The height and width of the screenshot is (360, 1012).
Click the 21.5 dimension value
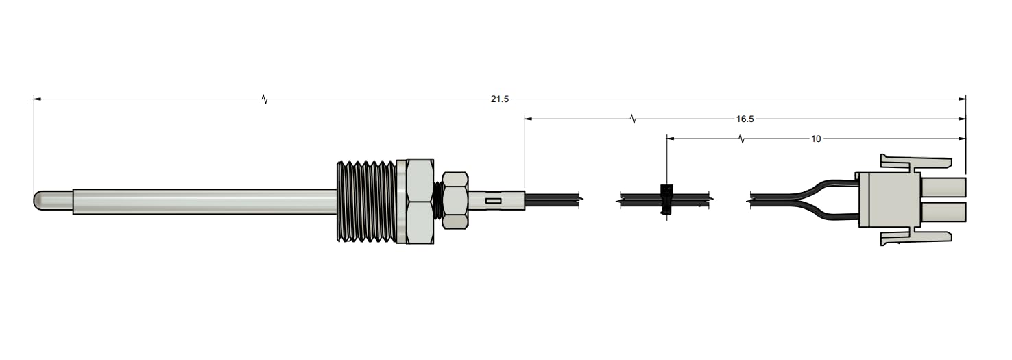click(x=499, y=99)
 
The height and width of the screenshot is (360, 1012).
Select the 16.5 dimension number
click(x=745, y=119)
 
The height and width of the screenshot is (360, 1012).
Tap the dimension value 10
click(x=815, y=139)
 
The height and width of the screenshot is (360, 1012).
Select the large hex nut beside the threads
click(x=419, y=201)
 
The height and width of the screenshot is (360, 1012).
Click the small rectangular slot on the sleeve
click(x=492, y=201)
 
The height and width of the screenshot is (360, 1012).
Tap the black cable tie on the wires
click(x=665, y=199)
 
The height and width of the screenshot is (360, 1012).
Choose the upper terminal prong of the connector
click(x=943, y=187)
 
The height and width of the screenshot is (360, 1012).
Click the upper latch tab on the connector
click(x=915, y=162)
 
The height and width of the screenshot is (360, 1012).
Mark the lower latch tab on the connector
click(x=915, y=237)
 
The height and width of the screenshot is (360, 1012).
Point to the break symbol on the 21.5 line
click(x=265, y=99)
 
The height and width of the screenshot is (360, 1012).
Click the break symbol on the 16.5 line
click(x=633, y=119)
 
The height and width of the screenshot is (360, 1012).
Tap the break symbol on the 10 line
click(x=741, y=139)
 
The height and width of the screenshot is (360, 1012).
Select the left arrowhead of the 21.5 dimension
click(x=38, y=99)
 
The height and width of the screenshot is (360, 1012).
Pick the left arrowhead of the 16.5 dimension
click(x=529, y=119)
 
